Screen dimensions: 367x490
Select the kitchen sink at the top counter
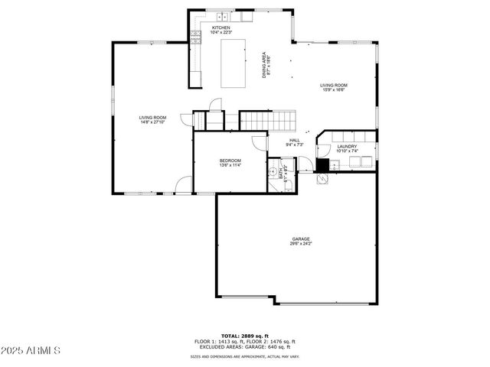pos(222,16)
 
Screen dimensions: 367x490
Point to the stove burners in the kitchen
pos(195,38)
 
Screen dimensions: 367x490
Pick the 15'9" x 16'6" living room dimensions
pos(333,90)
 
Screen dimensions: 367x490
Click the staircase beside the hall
pos(268,120)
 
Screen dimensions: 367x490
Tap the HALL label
pos(294,140)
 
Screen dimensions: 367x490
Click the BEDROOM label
pos(230,160)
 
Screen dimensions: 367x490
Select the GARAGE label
pos(300,239)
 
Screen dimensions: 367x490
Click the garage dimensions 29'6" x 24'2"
pos(300,244)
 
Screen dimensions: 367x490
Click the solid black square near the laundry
pos(323,164)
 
